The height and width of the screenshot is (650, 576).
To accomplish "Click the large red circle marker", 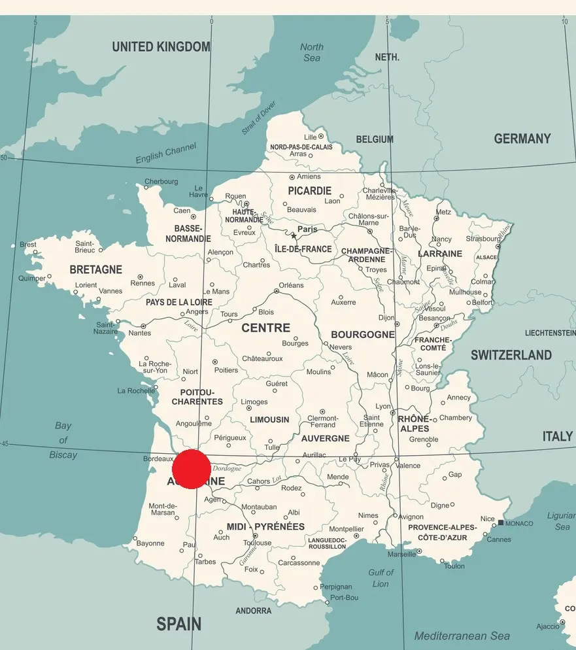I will [x=192, y=469].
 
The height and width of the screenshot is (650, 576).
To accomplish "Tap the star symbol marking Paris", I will [x=294, y=235].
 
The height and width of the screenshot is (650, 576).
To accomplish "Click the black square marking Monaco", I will [x=501, y=522].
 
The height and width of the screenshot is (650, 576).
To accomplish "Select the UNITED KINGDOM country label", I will [x=161, y=47].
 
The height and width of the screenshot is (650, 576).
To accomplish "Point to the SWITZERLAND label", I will [x=511, y=355].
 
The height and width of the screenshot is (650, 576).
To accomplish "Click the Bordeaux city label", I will [x=158, y=459].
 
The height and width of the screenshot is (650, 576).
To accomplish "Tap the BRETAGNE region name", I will [x=95, y=269].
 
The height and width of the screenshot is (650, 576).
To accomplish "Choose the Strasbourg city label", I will [x=483, y=239].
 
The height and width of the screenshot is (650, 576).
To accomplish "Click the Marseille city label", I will [x=401, y=554].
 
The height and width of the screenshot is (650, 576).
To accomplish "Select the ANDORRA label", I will [x=253, y=611].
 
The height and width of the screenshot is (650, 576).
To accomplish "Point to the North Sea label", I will [x=312, y=52].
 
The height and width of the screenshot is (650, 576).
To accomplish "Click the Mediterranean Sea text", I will [x=462, y=636].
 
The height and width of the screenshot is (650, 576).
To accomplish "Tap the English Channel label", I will [x=165, y=155].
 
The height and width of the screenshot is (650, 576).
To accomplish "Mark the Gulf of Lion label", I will [x=381, y=578].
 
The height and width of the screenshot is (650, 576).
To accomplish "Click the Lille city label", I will [x=310, y=137].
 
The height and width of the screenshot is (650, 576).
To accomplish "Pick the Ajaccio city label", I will [x=548, y=626].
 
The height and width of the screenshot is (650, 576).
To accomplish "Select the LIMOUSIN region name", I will [x=269, y=420].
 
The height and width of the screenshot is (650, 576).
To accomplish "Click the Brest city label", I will [x=28, y=245].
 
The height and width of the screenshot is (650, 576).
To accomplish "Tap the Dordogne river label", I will [x=227, y=468].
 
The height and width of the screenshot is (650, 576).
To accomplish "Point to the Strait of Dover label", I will [x=259, y=118].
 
